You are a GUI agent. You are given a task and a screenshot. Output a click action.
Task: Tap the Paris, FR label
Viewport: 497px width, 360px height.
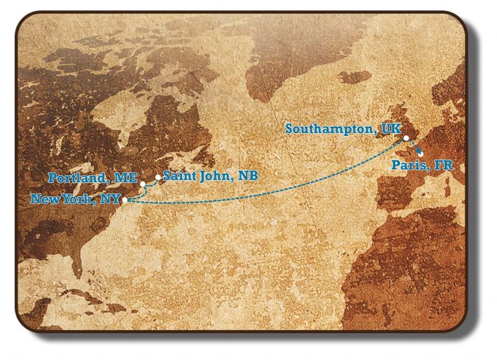423,166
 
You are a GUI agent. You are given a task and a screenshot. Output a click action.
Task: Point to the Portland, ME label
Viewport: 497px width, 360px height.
92,177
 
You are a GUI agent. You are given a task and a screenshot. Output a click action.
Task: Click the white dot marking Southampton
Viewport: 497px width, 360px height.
406,138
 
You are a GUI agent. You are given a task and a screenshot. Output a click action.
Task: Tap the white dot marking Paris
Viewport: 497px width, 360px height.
421,154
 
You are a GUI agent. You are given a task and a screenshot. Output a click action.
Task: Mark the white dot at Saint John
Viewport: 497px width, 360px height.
158,177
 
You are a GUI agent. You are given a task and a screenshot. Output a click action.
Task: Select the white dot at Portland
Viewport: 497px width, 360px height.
142,184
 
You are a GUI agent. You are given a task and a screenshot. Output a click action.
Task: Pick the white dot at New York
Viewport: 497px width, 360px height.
125,200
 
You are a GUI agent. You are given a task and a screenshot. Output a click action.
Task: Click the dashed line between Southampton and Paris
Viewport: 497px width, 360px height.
414,146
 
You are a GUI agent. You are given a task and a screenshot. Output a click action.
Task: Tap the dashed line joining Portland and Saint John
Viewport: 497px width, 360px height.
151,183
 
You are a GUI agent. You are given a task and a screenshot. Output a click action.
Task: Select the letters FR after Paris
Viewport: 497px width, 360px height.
444,166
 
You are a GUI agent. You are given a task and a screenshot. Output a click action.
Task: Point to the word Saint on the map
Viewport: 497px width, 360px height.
179,175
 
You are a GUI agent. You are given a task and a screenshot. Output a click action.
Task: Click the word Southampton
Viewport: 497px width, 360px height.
330,129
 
